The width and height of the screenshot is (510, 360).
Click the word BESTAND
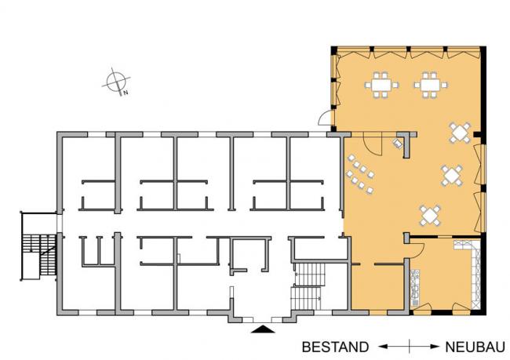(335, 347)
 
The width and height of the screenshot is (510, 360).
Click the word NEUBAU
(475, 347)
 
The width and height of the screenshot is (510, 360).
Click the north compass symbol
(116, 82)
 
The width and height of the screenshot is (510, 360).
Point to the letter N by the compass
(126, 93)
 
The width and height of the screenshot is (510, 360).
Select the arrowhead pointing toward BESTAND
(384, 347)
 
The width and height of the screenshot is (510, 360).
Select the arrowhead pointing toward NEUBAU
(435, 347)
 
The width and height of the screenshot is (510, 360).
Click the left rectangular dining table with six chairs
(381, 85)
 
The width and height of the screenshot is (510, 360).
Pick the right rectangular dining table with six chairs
(430, 85)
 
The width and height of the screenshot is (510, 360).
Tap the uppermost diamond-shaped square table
(460, 133)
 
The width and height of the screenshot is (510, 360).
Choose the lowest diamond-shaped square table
(430, 215)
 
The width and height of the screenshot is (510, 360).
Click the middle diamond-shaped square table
(452, 176)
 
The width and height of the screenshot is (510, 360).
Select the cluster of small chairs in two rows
(360, 174)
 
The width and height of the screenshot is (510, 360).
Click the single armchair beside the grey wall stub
(398, 143)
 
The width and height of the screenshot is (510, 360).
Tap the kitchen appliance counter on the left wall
(415, 288)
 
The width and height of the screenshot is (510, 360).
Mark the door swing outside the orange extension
(324, 118)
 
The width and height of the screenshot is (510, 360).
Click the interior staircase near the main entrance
(308, 286)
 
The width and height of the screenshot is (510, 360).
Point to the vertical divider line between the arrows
(409, 347)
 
